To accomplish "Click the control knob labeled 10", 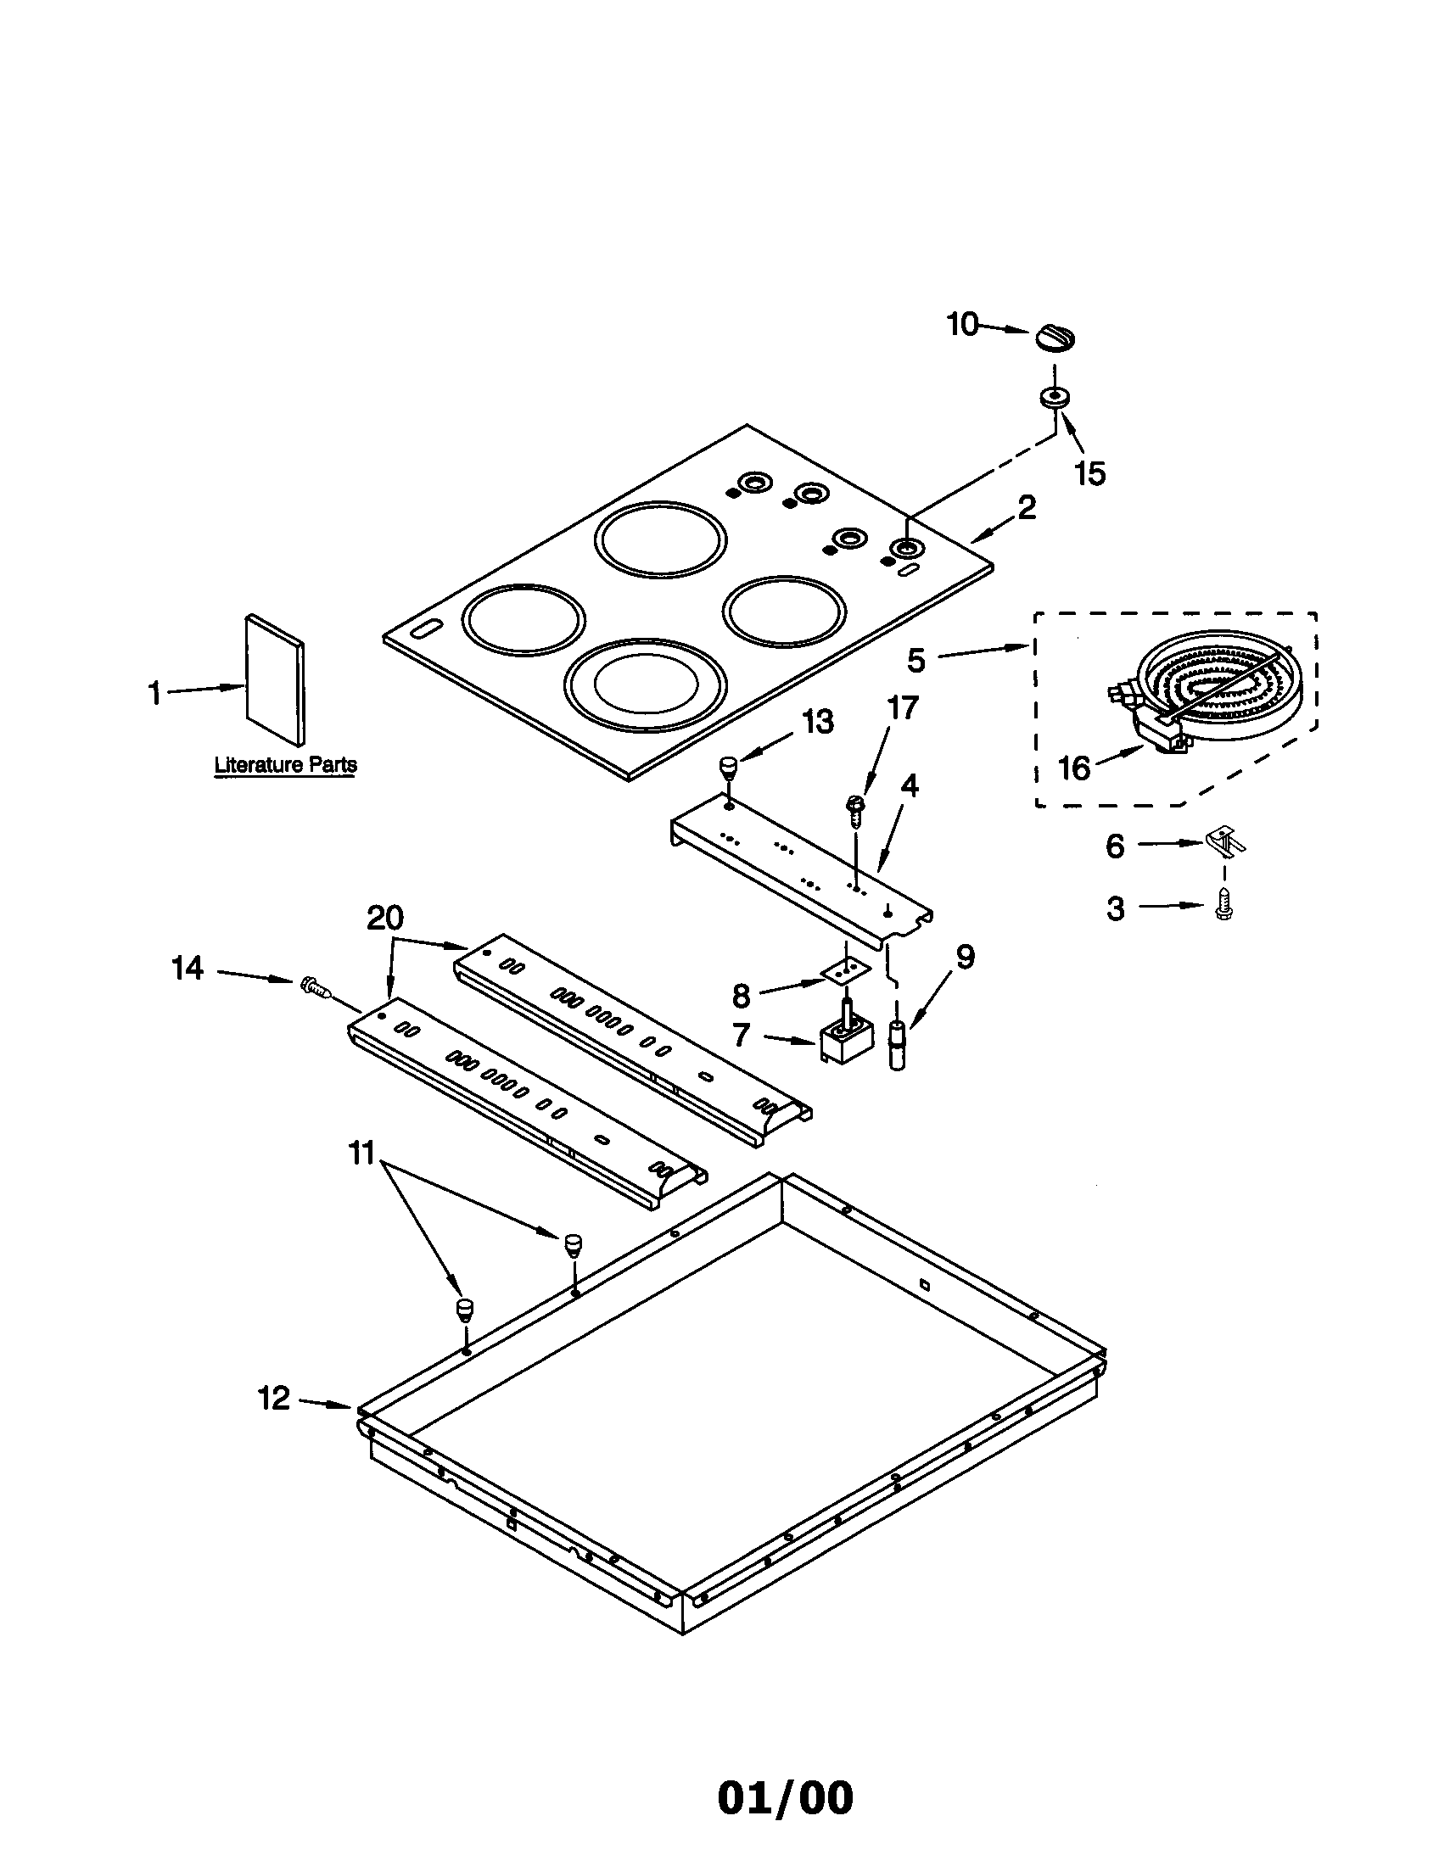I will pyautogui.click(x=1055, y=337).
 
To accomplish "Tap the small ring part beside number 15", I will pyautogui.click(x=1054, y=398).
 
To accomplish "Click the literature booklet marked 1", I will pyautogui.click(x=273, y=679).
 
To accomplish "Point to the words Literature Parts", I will pyautogui.click(x=285, y=765).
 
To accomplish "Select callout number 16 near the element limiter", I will pyautogui.click(x=1074, y=768).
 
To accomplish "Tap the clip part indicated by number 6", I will pyautogui.click(x=1225, y=841).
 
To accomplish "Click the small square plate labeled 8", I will pyautogui.click(x=846, y=969).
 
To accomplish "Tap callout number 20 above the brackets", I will pyautogui.click(x=384, y=919).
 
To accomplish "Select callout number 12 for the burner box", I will pyautogui.click(x=274, y=1399).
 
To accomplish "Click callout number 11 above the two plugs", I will pyautogui.click(x=361, y=1154).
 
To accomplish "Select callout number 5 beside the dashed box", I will pyautogui.click(x=916, y=660).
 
